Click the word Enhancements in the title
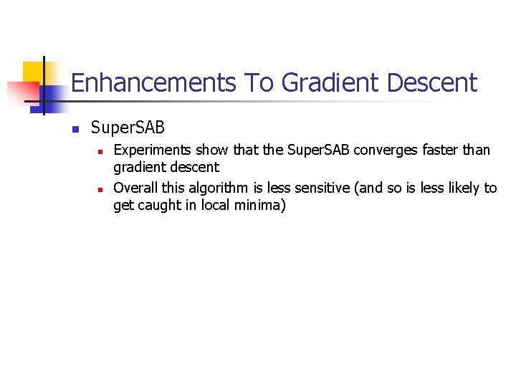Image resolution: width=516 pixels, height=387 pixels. pyautogui.click(x=153, y=83)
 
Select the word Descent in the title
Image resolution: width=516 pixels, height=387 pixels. pyautogui.click(x=431, y=83)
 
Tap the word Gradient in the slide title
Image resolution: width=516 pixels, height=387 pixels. pyautogui.click(x=329, y=83)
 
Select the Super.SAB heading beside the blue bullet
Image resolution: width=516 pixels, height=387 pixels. pyautogui.click(x=128, y=128)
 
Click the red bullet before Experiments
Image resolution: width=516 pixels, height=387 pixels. pyautogui.click(x=101, y=152)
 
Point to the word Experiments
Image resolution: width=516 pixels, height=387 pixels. pyautogui.click(x=150, y=150)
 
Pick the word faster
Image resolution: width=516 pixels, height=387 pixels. pyautogui.click(x=442, y=150)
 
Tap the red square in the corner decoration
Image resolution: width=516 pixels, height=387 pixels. pyautogui.click(x=21, y=92)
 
